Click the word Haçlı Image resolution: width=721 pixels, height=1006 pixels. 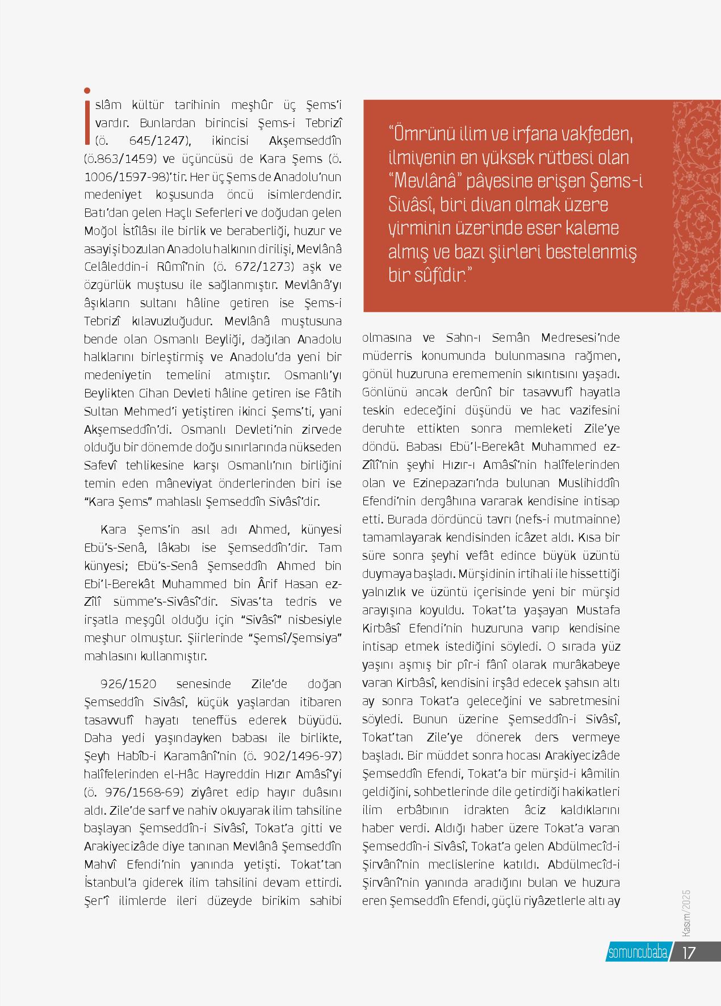[179, 212]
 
